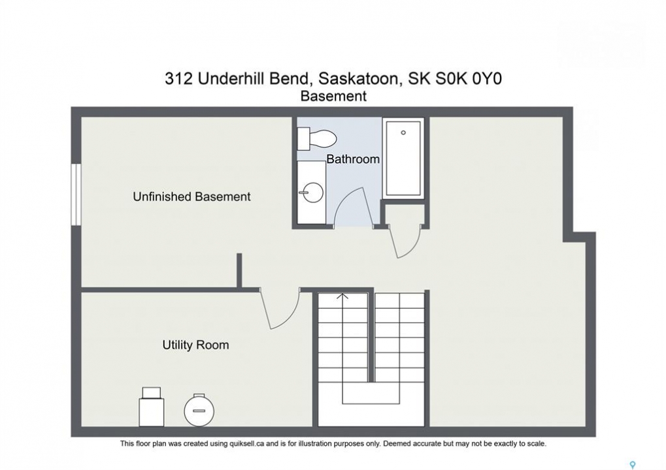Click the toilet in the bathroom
point(317,138)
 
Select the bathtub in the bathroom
point(403,158)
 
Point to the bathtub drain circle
point(403,133)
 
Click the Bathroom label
point(352,159)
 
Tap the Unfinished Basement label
point(191,197)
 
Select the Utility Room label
point(195,345)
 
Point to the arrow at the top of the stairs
point(342,296)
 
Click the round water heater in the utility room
point(199,410)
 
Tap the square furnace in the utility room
point(152,407)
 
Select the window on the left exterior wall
point(76,195)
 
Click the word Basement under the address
point(333,97)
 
